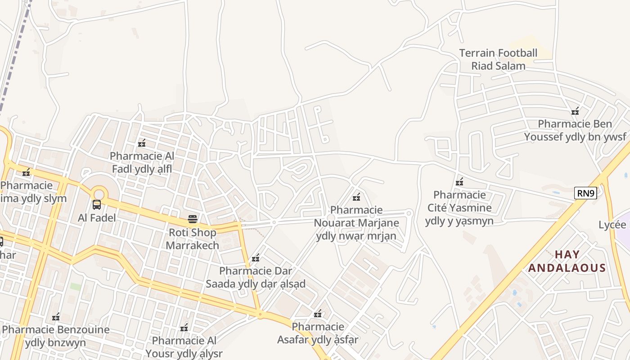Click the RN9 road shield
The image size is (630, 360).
(x=586, y=193)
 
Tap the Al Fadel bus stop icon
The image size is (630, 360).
(x=97, y=205)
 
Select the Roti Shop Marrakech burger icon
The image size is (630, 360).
(x=193, y=220)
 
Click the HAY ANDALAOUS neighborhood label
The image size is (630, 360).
(x=567, y=261)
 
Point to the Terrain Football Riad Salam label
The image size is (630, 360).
(x=498, y=59)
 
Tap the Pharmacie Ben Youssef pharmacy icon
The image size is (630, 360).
(x=575, y=111)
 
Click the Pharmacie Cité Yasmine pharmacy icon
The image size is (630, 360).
(x=459, y=182)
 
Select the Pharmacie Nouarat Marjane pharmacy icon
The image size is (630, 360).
(x=356, y=197)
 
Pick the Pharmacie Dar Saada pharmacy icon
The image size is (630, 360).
(x=256, y=258)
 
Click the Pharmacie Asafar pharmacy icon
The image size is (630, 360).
(x=318, y=314)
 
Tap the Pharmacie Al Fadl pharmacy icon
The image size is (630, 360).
(x=142, y=144)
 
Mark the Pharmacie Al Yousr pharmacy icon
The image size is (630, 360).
(x=184, y=328)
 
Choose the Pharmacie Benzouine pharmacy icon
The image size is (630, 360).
(x=56, y=317)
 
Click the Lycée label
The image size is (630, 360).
(x=612, y=225)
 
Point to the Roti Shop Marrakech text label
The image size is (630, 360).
(x=193, y=239)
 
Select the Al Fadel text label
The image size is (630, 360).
(x=97, y=218)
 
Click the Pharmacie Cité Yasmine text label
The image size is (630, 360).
(x=459, y=208)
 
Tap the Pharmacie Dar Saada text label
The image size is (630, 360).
(x=256, y=277)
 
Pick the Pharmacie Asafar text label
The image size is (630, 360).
(x=318, y=333)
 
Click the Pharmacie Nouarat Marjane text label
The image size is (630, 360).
(x=356, y=223)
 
